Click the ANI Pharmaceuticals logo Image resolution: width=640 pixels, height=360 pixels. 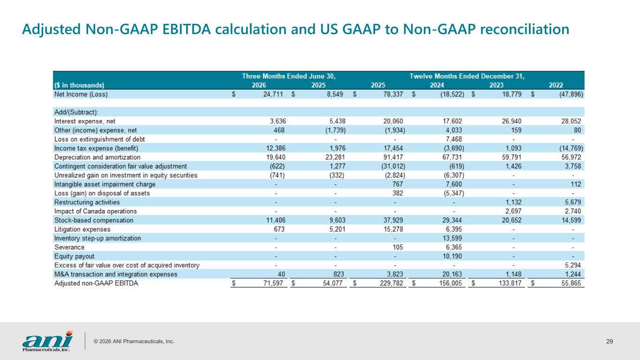[47, 341]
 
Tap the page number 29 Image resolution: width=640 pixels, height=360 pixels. [610, 341]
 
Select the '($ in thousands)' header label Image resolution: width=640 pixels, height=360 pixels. [79, 85]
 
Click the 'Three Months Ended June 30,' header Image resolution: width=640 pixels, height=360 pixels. [288, 76]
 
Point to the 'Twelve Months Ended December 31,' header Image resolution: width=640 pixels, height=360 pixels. [467, 76]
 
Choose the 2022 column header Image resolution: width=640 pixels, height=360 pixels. [556, 85]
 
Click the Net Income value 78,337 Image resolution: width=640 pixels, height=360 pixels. [393, 94]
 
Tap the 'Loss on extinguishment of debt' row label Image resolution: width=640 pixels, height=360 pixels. [99, 139]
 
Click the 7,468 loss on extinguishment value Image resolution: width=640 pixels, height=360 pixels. [454, 139]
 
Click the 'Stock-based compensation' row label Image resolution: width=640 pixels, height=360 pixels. [94, 220]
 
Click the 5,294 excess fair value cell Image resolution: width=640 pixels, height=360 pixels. [573, 265]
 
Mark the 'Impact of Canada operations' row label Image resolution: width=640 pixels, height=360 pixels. [96, 211]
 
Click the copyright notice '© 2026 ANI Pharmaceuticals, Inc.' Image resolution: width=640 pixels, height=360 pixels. [134, 341]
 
